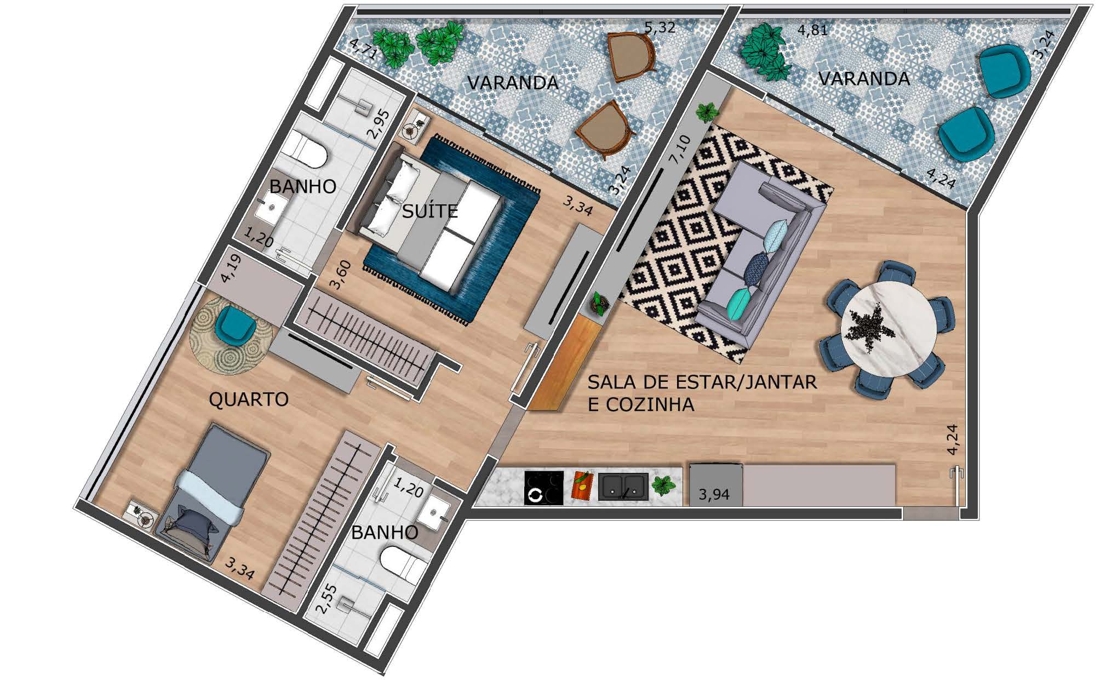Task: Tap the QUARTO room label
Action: (249, 399)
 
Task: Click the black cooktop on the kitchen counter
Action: (543, 488)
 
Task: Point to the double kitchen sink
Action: (623, 487)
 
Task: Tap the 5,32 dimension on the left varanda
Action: (660, 27)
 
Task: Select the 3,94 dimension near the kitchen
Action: (714, 495)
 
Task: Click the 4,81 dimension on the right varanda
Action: (812, 30)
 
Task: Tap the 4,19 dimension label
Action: (231, 268)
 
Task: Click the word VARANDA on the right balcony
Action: (864, 79)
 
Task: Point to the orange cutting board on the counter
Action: (582, 485)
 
